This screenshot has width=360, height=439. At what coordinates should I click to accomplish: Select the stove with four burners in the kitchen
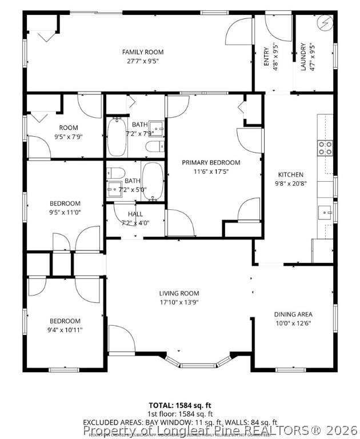pyautogui.click(x=325, y=148)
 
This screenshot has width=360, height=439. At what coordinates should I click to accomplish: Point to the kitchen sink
pyautogui.click(x=327, y=212)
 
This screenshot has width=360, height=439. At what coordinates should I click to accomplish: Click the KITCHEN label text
pyautogui.click(x=290, y=174)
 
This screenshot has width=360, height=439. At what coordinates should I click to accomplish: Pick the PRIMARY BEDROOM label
pyautogui.click(x=211, y=162)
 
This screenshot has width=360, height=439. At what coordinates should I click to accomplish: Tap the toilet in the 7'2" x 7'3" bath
pyautogui.click(x=153, y=147)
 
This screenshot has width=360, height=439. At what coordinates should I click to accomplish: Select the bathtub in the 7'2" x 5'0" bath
pyautogui.click(x=152, y=181)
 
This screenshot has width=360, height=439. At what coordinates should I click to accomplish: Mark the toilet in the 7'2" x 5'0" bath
pyautogui.click(x=116, y=172)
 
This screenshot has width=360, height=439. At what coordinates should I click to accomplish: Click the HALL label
pyautogui.click(x=135, y=214)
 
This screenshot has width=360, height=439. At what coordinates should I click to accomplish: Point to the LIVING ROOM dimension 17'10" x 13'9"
pyautogui.click(x=179, y=302)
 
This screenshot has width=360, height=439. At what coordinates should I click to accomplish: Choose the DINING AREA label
pyautogui.click(x=293, y=314)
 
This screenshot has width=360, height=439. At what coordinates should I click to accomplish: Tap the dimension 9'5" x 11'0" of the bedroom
pyautogui.click(x=65, y=212)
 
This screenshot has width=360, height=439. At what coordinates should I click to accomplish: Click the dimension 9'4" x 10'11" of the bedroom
pyautogui.click(x=64, y=330)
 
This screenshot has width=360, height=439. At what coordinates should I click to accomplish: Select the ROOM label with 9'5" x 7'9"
pyautogui.click(x=69, y=127)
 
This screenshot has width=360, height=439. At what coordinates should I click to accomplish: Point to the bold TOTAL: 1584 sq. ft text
pyautogui.click(x=181, y=405)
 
